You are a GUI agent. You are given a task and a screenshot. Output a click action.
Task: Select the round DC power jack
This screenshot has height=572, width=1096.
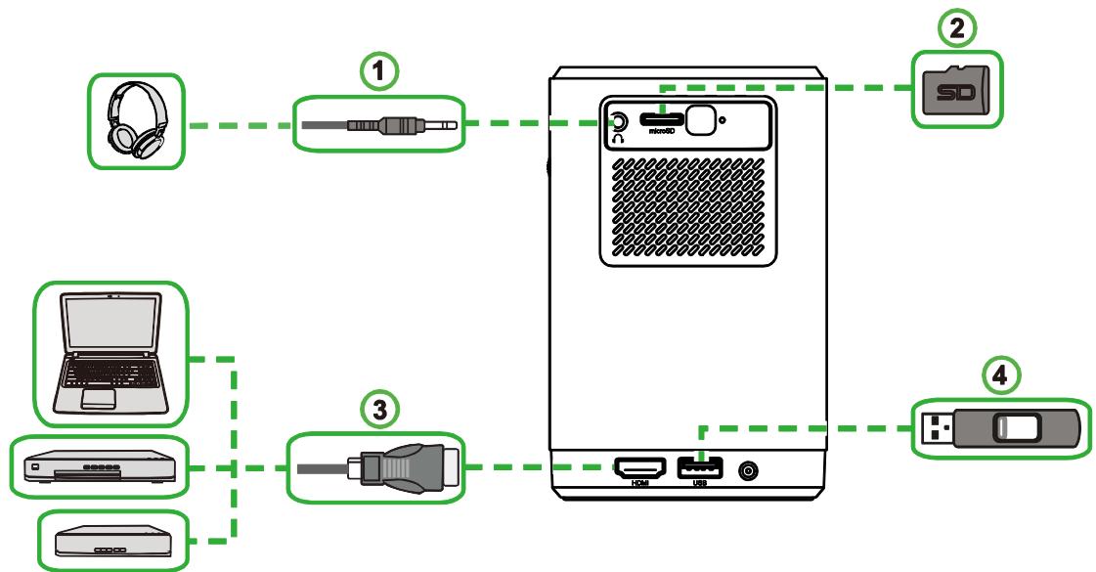750,470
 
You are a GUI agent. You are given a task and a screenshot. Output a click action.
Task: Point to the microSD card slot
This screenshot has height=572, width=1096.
661,118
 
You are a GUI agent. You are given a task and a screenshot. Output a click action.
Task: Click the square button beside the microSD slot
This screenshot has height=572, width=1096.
700,118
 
